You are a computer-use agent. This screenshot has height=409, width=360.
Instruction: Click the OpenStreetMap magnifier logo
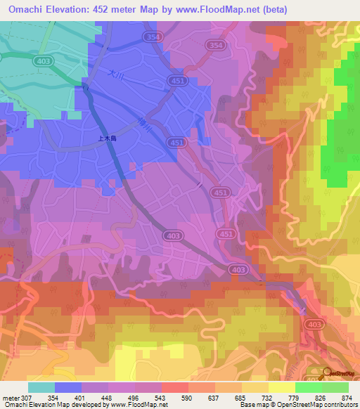(327, 374)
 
